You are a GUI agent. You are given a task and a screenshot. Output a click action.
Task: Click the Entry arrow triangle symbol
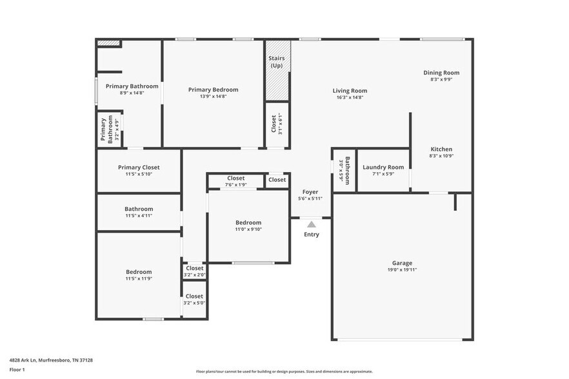click(312, 224)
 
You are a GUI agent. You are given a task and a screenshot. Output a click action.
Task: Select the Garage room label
click(402, 263)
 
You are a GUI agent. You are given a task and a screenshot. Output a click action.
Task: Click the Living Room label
click(350, 91)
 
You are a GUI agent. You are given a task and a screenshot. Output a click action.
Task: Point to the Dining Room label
click(441, 73)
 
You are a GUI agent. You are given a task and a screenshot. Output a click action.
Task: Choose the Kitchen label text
click(441, 149)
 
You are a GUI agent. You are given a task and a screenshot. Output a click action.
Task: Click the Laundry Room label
click(383, 167)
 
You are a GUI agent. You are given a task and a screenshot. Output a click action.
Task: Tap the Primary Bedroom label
click(213, 90)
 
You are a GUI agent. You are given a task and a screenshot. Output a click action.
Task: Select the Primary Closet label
click(138, 167)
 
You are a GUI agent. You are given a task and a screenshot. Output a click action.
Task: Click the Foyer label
click(310, 191)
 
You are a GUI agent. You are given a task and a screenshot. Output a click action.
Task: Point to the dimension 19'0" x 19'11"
click(402, 270)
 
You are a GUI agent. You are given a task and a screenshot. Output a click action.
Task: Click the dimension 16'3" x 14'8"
click(350, 97)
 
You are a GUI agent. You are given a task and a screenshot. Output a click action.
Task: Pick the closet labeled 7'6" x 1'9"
click(236, 182)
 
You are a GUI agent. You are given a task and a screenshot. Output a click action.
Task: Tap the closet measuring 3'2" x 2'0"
click(194, 271)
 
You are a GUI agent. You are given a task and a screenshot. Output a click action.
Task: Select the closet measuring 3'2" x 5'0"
click(194, 300)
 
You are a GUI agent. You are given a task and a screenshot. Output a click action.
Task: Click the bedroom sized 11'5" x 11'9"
click(139, 275)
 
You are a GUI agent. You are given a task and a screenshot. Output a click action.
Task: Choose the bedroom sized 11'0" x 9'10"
click(248, 226)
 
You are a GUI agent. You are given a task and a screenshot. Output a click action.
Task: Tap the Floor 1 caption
click(17, 369)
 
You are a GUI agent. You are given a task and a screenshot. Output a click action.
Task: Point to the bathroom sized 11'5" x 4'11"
click(139, 212)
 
